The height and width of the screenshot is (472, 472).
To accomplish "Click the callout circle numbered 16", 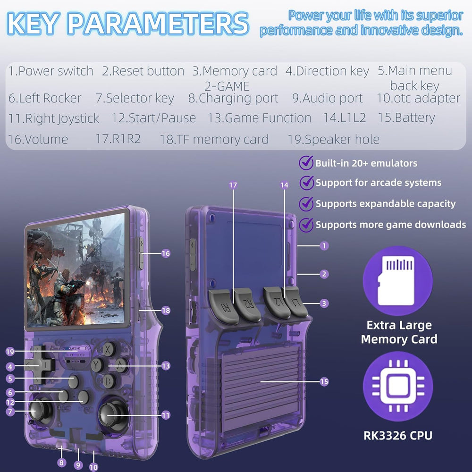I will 165,253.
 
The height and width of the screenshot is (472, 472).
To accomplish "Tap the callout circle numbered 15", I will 324,382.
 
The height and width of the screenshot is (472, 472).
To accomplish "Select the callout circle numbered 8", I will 61,463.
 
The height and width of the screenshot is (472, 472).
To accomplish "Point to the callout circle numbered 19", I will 10,352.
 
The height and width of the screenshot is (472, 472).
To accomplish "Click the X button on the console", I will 110,349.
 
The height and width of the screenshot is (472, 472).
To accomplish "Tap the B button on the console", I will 109,380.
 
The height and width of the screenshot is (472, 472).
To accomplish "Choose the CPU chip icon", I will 397,387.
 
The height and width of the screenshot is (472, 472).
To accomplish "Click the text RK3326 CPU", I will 397,435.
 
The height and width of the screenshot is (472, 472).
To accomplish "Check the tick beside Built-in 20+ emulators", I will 307,163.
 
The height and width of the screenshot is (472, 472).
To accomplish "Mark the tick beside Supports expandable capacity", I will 307,203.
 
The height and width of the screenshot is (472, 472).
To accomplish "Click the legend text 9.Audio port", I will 327,98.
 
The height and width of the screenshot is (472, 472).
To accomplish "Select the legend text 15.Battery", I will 406,118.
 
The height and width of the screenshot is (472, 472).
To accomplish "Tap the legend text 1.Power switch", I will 51,71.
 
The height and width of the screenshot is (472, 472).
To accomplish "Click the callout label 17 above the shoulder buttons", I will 233,185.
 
